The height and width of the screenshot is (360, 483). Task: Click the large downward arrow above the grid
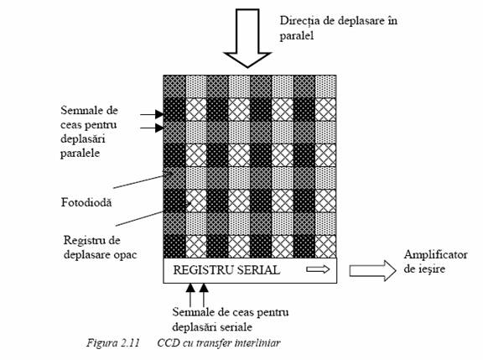tap(247, 38)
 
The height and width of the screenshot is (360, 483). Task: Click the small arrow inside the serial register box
tap(318, 269)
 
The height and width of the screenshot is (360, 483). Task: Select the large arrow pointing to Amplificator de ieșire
tap(372, 270)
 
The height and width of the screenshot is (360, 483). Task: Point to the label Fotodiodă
tap(86, 202)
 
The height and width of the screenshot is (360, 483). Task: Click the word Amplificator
tap(435, 255)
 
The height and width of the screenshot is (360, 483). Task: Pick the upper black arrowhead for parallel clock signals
tap(159, 114)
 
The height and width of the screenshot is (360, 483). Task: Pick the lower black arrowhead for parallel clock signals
tap(159, 128)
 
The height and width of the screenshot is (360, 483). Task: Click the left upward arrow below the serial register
tap(190, 295)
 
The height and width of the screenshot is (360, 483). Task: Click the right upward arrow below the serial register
tap(204, 295)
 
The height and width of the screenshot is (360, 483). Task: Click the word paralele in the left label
tap(80, 154)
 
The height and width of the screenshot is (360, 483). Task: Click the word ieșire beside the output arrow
tap(431, 269)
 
